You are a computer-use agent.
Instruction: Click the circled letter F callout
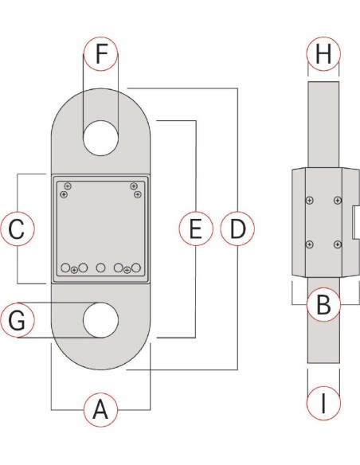pyautogui.click(x=100, y=55)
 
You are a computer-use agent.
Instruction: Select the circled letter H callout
pyautogui.click(x=323, y=55)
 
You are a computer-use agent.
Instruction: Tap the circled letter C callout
pyautogui.click(x=18, y=229)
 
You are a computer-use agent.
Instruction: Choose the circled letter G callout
pyautogui.click(x=18, y=320)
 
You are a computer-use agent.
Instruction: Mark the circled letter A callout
pyautogui.click(x=100, y=410)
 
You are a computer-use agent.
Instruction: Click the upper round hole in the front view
pyautogui.click(x=100, y=137)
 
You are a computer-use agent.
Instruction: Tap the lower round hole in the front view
pyautogui.click(x=100, y=320)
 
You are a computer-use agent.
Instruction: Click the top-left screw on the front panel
pyautogui.click(x=68, y=186)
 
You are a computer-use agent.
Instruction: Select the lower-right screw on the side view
pyautogui.click(x=338, y=244)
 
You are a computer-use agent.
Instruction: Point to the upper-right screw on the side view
pyautogui.click(x=338, y=200)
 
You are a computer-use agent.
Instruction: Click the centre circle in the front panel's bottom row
pyautogui.click(x=100, y=268)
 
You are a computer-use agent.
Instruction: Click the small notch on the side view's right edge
pyautogui.click(x=352, y=223)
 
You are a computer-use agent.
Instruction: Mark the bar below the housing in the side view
pyautogui.click(x=323, y=326)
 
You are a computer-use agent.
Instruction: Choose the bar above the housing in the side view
pyautogui.click(x=323, y=123)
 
